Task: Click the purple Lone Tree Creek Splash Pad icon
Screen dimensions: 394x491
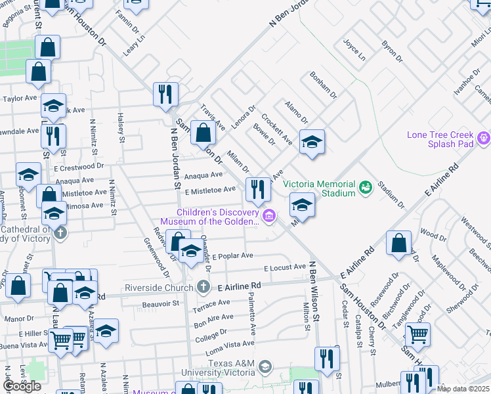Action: (x=484, y=138)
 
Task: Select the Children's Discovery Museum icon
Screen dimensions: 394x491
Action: (x=268, y=215)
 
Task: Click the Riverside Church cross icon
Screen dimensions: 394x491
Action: (x=204, y=286)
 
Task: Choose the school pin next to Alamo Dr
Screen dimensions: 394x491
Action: (x=312, y=142)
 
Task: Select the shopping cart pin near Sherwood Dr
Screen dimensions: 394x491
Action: (x=417, y=335)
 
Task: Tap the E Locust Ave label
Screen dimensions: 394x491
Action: (x=285, y=268)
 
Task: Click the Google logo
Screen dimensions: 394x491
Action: (x=22, y=386)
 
